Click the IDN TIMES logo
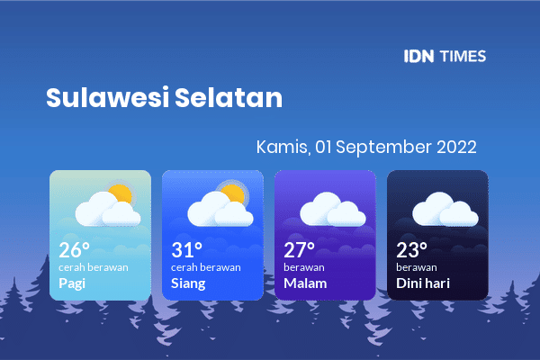[445, 56]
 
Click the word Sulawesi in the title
[108, 97]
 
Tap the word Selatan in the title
[229, 97]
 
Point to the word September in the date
[383, 148]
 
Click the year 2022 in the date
[456, 147]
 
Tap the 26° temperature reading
[75, 250]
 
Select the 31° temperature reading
[186, 250]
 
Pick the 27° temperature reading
[300, 250]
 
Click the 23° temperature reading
[412, 250]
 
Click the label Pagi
[72, 283]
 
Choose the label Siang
[188, 283]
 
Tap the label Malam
[305, 283]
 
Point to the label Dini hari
[423, 283]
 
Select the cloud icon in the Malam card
[333, 209]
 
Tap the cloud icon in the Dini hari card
[445, 209]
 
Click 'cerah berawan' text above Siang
[206, 267]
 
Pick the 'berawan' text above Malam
[304, 267]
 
